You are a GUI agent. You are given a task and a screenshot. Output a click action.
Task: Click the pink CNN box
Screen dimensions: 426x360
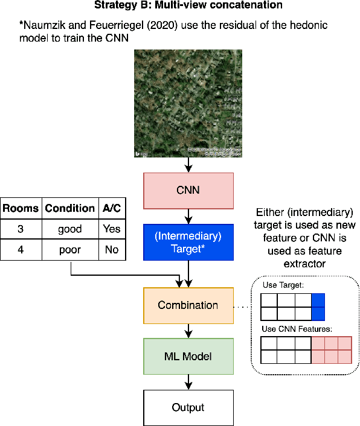pos(188,190)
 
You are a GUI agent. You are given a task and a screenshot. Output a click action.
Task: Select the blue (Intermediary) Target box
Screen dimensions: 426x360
pos(188,243)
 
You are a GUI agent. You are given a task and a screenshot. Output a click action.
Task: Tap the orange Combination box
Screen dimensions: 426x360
pos(188,305)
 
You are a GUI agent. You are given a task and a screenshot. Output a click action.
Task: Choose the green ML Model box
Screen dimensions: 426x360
pos(188,356)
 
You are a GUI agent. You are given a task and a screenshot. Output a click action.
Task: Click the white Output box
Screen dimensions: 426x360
pos(188,407)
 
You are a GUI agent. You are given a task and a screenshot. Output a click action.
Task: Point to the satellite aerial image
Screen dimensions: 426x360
pos(188,104)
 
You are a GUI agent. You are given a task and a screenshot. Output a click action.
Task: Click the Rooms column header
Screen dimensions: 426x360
pos(21,209)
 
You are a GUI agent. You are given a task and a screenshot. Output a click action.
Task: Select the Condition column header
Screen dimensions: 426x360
pos(69,209)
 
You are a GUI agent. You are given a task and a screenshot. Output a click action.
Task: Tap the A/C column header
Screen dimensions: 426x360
pos(112,209)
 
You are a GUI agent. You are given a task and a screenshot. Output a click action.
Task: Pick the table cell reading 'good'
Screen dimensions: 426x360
pos(69,229)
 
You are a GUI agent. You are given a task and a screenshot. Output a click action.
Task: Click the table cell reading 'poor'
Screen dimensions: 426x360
pos(69,249)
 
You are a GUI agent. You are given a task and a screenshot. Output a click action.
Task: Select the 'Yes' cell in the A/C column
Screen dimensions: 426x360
pos(112,229)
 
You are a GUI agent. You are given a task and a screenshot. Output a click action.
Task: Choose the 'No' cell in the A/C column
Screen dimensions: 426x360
pos(112,249)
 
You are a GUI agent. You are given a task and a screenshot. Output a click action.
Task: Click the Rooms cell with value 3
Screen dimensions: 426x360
pos(21,229)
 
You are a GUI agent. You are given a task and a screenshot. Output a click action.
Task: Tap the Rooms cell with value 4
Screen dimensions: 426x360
pos(21,249)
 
